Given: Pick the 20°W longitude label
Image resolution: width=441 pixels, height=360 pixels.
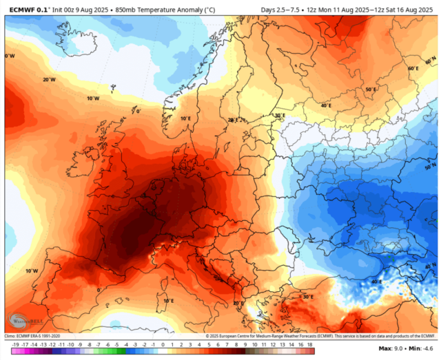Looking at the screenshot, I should pyautogui.click(x=48, y=79).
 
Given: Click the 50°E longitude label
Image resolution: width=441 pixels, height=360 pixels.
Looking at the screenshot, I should pyautogui.click(x=371, y=89).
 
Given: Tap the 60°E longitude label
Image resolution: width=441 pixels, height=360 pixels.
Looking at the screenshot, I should pyautogui.click(x=413, y=69).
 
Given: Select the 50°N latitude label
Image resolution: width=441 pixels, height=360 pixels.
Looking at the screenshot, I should pyautogui.click(x=431, y=167).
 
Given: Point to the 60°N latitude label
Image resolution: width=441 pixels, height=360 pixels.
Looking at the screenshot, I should pyautogui.click(x=431, y=265).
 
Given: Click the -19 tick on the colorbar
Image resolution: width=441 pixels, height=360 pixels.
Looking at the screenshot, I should pyautogui.click(x=14, y=342).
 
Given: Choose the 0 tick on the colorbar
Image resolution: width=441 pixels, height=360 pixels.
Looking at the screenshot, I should pyautogui.click(x=163, y=342).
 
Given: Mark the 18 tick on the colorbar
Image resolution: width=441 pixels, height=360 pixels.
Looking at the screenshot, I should pyautogui.click(x=311, y=342).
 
